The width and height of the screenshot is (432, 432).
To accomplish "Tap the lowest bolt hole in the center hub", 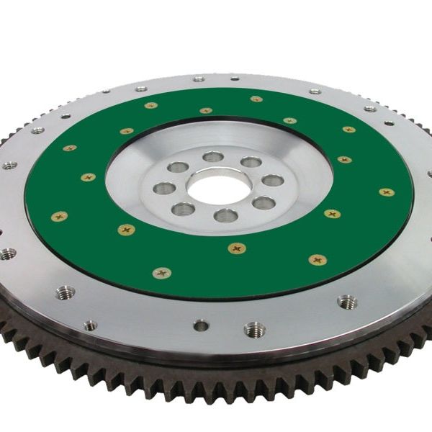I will (225, 215).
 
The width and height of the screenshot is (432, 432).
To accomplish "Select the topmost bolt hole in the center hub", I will (212, 156).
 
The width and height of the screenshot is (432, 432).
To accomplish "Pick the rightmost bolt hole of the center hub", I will (272, 180).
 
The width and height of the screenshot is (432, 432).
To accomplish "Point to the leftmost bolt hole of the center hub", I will (164, 189).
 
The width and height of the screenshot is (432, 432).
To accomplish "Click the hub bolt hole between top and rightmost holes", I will (251, 162).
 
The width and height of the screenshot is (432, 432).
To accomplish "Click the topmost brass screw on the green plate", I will (256, 99).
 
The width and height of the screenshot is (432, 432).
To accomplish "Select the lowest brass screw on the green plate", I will (162, 273).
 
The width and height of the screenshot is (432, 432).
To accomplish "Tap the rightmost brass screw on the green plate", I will (387, 192).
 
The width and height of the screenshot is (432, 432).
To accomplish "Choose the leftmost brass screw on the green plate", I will (59, 216).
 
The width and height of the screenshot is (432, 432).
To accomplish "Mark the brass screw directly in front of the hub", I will (237, 248).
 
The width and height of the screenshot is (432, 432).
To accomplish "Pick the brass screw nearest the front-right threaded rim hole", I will (318, 259).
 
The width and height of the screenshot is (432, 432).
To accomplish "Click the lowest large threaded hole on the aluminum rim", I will (254, 330).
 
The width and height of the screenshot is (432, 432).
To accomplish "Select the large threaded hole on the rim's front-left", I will (65, 292).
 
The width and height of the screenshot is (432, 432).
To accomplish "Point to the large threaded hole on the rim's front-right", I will (346, 302).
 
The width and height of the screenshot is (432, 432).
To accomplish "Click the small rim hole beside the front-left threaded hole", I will (91, 325).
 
